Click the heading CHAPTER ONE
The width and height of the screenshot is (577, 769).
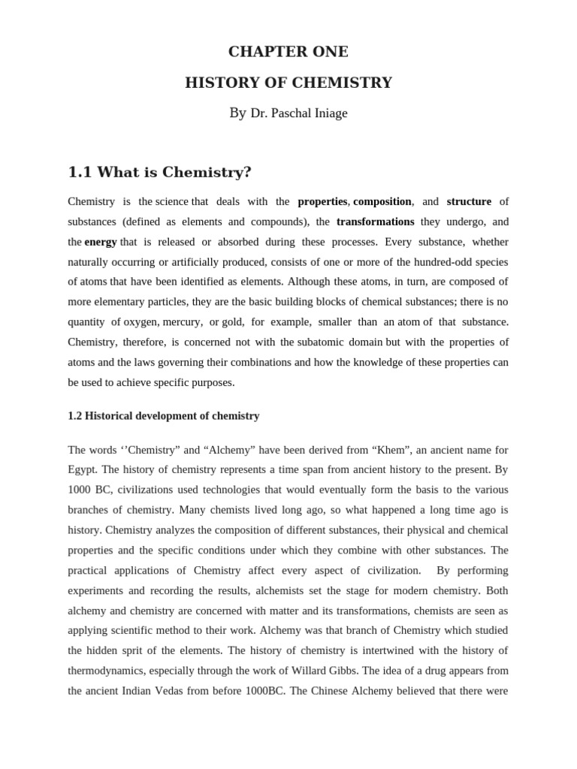288,52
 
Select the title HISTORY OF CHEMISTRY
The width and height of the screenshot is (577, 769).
288,83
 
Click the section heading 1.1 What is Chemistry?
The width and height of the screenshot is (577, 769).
159,173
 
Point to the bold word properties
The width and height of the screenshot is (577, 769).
322,201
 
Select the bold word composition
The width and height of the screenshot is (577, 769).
382,201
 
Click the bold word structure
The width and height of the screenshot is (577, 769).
469,201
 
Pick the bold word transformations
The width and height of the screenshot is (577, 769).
375,222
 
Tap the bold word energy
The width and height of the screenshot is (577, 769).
101,242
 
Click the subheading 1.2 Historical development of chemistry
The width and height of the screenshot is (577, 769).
164,415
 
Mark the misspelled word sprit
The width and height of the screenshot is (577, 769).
143,650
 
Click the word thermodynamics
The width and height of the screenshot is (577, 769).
111,671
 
